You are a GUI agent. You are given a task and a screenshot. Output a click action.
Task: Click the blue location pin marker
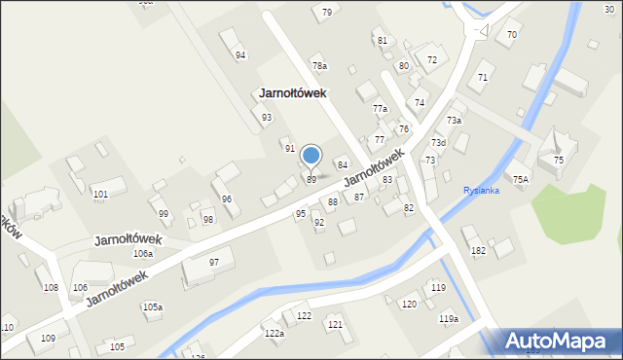point(311,156)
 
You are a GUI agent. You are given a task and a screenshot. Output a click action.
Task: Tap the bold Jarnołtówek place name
point(292,93)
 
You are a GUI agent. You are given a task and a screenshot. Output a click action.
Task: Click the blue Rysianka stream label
point(481,191)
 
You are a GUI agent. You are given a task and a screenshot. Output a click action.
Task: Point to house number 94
point(240,55)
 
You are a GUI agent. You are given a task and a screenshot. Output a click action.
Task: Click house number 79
point(327,13)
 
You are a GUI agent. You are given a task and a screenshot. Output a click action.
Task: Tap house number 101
point(100,195)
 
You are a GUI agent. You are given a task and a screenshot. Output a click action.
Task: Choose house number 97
point(214,263)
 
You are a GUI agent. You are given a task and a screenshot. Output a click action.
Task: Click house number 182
point(478,251)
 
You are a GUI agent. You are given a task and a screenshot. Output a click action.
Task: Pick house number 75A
point(521,180)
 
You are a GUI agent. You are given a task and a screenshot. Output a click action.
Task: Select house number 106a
point(143,254)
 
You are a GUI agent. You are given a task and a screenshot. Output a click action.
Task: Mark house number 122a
point(274,334)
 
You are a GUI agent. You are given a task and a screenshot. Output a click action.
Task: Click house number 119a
point(448,319)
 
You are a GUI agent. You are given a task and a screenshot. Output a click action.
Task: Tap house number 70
point(512,35)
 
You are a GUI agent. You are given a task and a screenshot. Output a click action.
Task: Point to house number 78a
point(319,66)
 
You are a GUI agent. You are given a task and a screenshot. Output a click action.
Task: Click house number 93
point(266,118)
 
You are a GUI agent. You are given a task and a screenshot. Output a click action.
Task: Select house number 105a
point(153,307)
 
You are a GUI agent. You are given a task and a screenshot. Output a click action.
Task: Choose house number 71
point(483,77)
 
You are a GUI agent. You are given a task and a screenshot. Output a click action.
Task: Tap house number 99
point(164,214)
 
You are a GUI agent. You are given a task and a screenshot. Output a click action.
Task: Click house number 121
point(335,324)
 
